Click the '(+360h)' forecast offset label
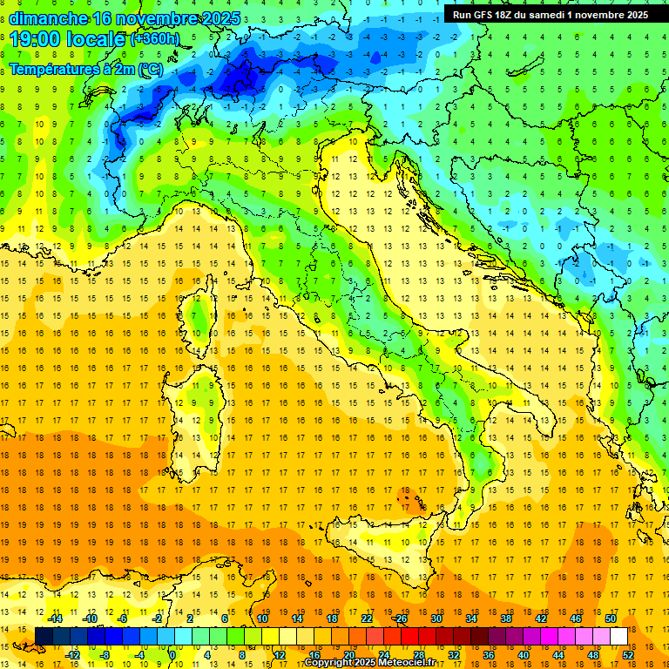[x=154, y=39]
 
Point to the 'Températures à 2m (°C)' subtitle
[x=85, y=68]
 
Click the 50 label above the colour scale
[x=610, y=618]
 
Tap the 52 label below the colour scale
[x=628, y=654]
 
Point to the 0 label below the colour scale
[x=172, y=654]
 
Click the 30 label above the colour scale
[x=436, y=618]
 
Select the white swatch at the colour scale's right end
[x=618, y=636]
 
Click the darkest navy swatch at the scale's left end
[x=44, y=636]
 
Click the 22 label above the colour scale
[x=367, y=618]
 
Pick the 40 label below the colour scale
[x=524, y=654]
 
